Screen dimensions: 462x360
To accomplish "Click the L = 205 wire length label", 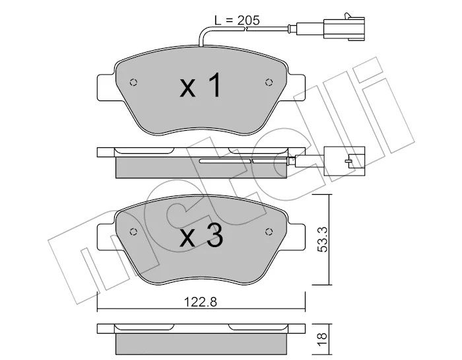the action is tap(237, 20).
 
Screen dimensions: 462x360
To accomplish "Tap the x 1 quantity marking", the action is tap(201, 85).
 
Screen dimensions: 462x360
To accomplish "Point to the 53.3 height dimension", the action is tap(323, 239).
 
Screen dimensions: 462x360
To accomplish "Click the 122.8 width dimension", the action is tap(201, 302).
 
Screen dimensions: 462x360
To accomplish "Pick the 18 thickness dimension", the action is tap(323, 340).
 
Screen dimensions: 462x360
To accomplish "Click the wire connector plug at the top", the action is tap(344, 28).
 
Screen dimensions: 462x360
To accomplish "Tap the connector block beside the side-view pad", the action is tap(344, 161).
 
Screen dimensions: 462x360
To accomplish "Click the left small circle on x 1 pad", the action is tap(133, 83).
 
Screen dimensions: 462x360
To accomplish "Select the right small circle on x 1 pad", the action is tap(269, 83).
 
